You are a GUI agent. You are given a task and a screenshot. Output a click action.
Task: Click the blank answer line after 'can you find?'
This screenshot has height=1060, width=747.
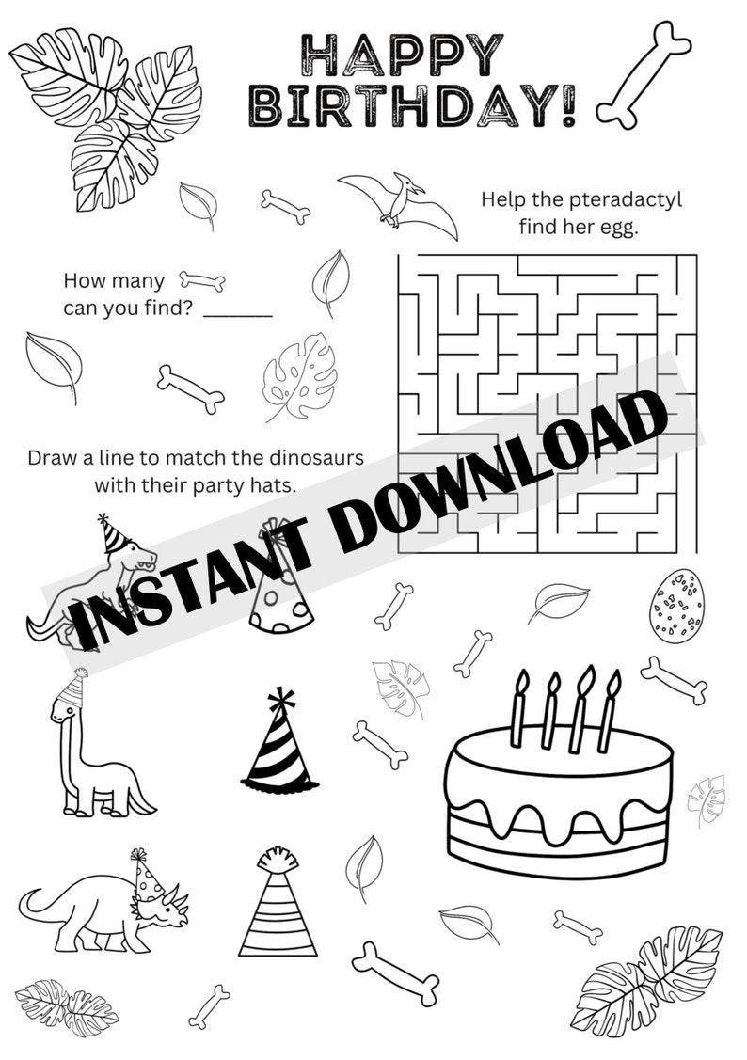[238, 314]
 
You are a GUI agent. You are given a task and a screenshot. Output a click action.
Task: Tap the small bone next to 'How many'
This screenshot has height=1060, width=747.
[202, 280]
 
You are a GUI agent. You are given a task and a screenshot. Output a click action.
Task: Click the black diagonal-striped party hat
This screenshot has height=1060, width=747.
[279, 744]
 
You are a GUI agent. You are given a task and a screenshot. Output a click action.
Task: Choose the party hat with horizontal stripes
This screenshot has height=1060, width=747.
[278, 905]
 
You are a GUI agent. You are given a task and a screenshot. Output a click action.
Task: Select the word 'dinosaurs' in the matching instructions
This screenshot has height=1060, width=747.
[310, 460]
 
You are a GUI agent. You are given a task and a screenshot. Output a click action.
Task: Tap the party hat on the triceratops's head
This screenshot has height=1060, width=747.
[147, 877]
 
